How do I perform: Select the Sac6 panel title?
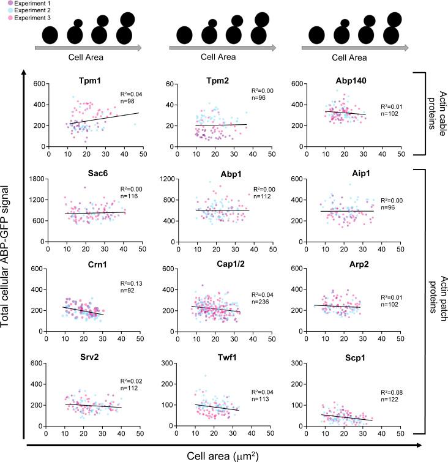[90, 173]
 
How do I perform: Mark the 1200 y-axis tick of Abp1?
[163, 179]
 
